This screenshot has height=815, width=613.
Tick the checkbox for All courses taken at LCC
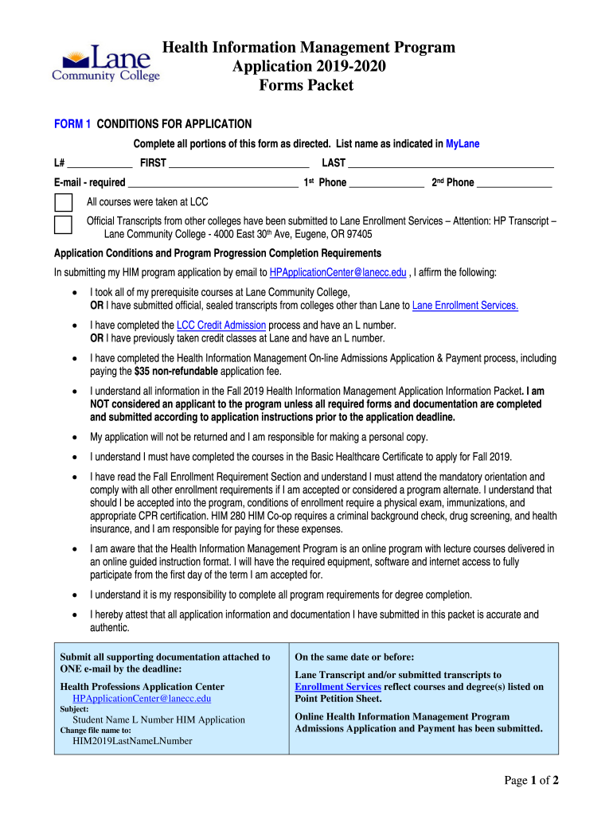pos(63,202)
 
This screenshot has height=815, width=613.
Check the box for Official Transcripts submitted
pos(63,224)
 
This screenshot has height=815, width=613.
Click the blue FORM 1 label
pos(72,124)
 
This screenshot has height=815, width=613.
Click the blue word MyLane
pos(463,144)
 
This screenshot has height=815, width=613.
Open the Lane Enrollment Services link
pos(465,305)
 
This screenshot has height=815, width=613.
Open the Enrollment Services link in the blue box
pos(338,687)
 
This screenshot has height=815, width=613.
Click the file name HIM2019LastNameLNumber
pos(131,741)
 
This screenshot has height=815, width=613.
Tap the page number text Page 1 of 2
pos(532,781)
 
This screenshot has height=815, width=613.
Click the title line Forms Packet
pos(306,85)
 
